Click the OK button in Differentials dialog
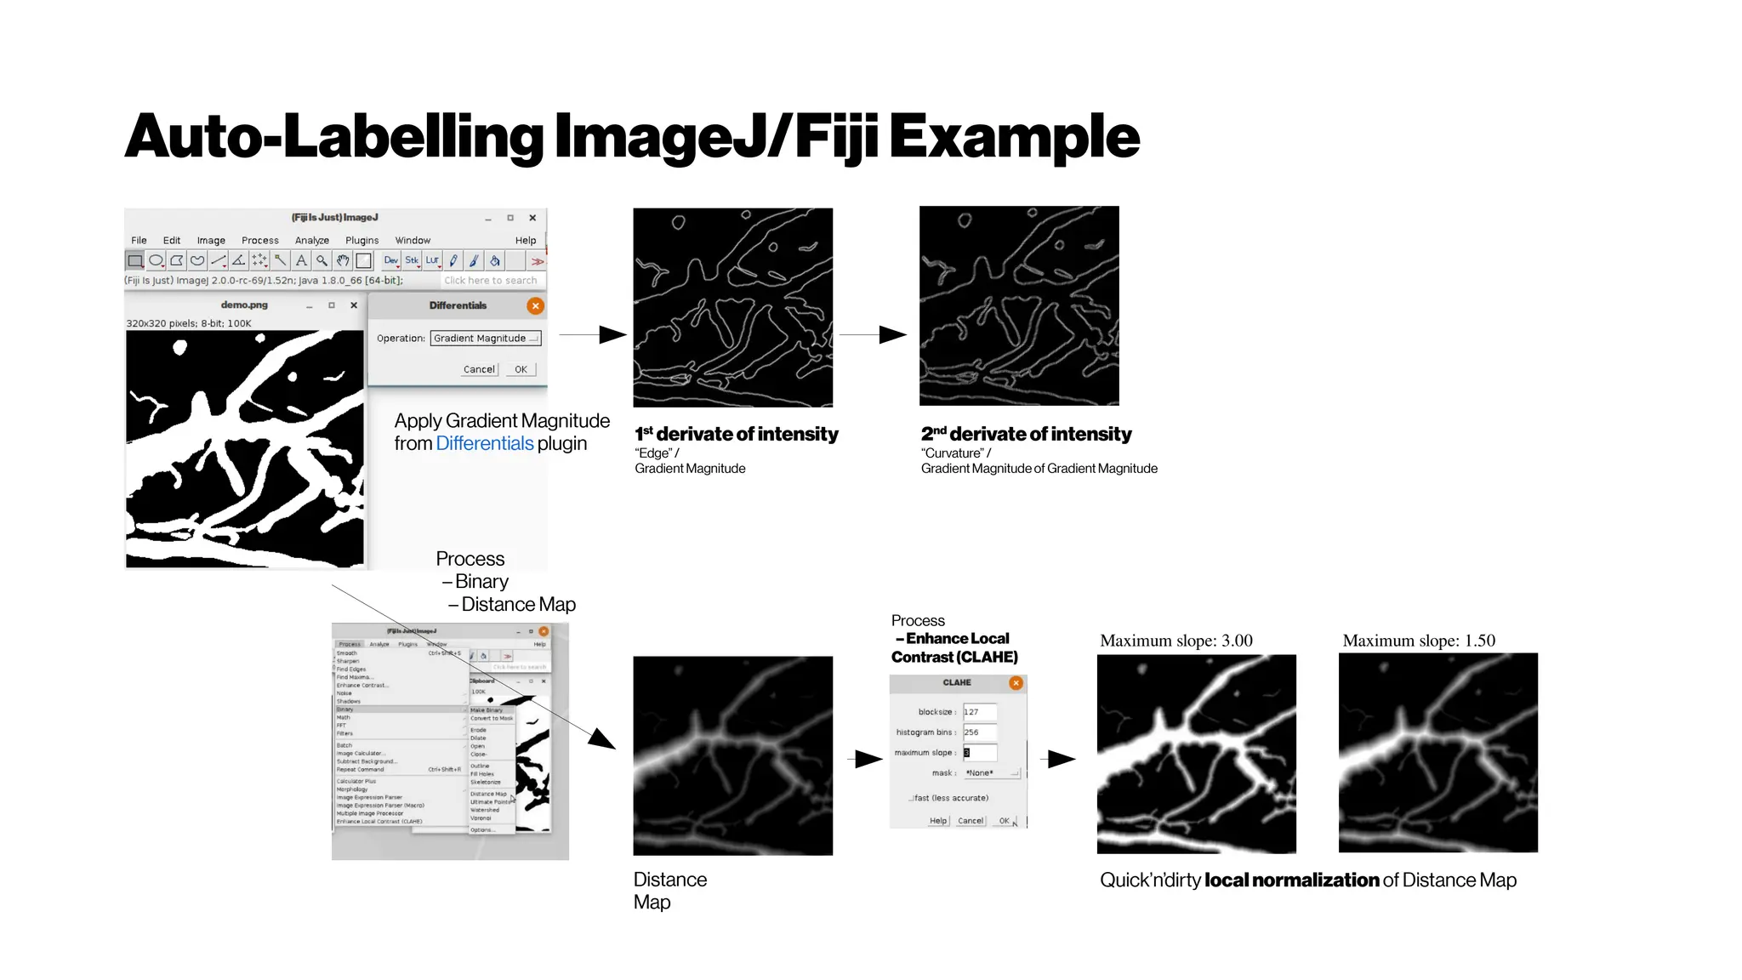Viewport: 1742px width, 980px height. pyautogui.click(x=521, y=369)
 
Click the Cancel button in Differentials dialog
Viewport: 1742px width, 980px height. pyautogui.click(x=479, y=369)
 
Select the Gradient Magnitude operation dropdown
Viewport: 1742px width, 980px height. pyautogui.click(x=486, y=338)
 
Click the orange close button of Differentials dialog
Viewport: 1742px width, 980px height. pyautogui.click(x=535, y=305)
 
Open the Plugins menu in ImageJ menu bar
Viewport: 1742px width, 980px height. pyautogui.click(x=361, y=241)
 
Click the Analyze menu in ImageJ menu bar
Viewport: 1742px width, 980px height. pyautogui.click(x=311, y=241)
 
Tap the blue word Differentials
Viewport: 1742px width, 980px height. pyautogui.click(x=484, y=443)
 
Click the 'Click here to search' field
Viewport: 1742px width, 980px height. pyautogui.click(x=491, y=280)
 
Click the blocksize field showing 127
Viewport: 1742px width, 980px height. pyautogui.click(x=979, y=712)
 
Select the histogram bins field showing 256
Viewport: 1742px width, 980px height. pyautogui.click(x=979, y=732)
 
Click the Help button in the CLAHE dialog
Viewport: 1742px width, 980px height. pyautogui.click(x=937, y=821)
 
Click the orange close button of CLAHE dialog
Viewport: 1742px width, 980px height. pyautogui.click(x=1016, y=683)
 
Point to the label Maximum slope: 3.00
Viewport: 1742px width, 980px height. pyautogui.click(x=1176, y=641)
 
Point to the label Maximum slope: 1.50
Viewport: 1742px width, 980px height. pyautogui.click(x=1418, y=641)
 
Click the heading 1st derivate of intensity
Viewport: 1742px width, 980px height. pyautogui.click(x=737, y=434)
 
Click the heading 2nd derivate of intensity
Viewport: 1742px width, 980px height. pyautogui.click(x=1026, y=434)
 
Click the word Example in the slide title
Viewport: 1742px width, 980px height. pyautogui.click(x=1014, y=138)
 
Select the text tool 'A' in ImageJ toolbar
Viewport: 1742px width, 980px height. pyautogui.click(x=301, y=260)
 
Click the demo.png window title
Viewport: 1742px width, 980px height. pyautogui.click(x=244, y=305)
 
